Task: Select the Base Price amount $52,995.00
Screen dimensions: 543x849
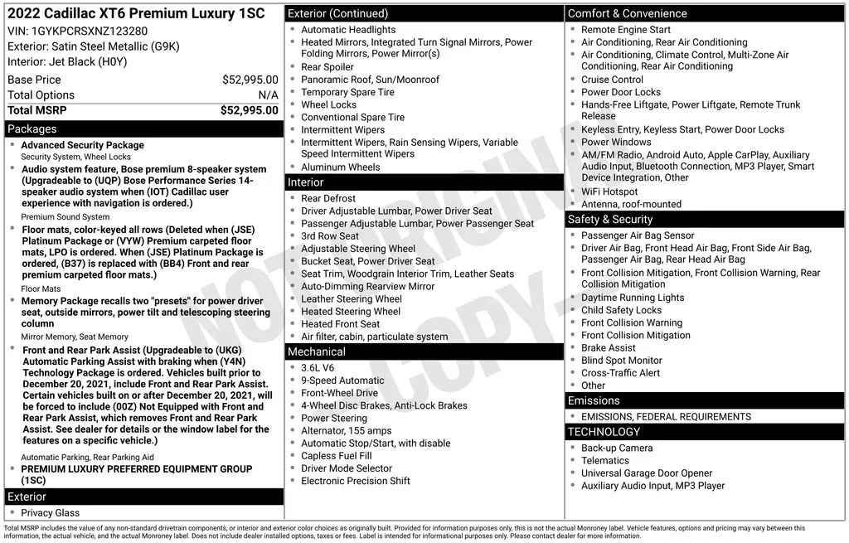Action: click(x=250, y=80)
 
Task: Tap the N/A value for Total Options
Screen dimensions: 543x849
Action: click(x=268, y=95)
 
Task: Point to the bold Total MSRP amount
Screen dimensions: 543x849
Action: click(x=249, y=110)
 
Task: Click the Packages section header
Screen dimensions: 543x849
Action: click(x=32, y=129)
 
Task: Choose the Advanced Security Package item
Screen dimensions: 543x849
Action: click(x=82, y=145)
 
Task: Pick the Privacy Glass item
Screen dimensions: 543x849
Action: click(x=50, y=513)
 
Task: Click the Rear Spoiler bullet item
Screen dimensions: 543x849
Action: click(x=327, y=67)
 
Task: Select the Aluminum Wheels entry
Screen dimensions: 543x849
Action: click(x=340, y=167)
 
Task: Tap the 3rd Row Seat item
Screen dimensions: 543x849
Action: click(x=330, y=236)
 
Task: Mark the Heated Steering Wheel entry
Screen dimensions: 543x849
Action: click(x=350, y=312)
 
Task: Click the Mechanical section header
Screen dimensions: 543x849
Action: click(x=316, y=351)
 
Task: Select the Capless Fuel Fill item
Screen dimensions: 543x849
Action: click(x=336, y=456)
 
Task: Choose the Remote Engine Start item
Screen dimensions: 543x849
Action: click(x=625, y=30)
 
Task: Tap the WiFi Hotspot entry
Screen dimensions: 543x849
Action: click(x=609, y=192)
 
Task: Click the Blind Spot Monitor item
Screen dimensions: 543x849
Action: click(x=621, y=361)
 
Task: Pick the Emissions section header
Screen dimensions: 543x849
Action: click(x=594, y=400)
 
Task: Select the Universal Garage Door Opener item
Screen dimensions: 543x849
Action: click(x=647, y=473)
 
